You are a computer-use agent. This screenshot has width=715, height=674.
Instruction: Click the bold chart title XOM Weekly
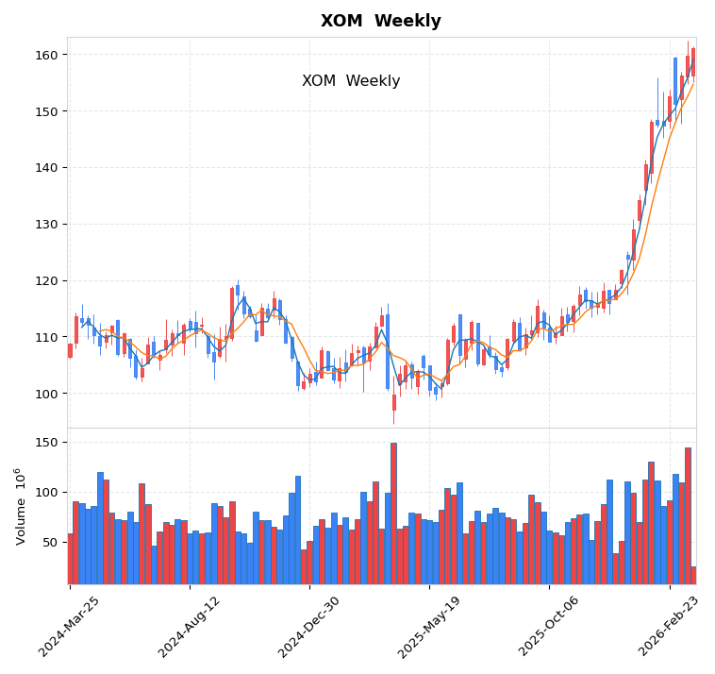click(x=380, y=21)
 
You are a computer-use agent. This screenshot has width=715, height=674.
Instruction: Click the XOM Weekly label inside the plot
click(x=351, y=81)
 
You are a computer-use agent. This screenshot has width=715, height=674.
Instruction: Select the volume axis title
click(x=20, y=506)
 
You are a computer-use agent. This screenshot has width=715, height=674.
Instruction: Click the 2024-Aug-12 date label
click(x=191, y=627)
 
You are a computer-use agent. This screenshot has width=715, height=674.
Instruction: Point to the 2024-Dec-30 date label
click(x=311, y=627)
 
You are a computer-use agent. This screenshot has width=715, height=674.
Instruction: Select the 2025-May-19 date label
click(x=431, y=627)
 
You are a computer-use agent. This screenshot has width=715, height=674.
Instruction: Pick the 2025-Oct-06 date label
click(x=551, y=627)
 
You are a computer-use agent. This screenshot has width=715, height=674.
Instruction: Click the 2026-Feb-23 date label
click(x=671, y=627)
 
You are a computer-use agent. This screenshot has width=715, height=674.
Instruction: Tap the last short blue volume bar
click(x=693, y=575)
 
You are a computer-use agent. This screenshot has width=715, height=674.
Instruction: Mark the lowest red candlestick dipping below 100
click(x=394, y=403)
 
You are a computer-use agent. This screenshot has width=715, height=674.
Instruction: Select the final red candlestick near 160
click(x=693, y=62)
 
